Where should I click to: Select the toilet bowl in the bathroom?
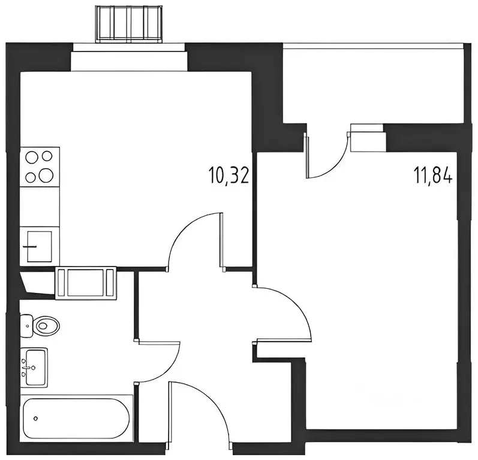(x=47, y=326)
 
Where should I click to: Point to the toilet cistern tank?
(x=27, y=326)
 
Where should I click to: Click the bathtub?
(x=76, y=417)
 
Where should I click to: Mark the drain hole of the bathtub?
(x=37, y=418)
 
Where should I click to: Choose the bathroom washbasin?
(x=35, y=367)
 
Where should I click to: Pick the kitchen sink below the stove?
(x=40, y=245)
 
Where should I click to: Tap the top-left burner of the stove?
(x=31, y=158)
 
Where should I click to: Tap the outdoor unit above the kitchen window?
(x=128, y=23)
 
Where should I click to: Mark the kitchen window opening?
(x=128, y=60)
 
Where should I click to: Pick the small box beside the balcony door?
(x=368, y=140)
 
